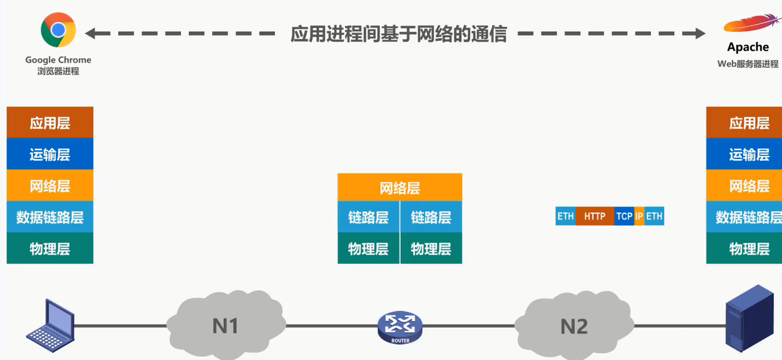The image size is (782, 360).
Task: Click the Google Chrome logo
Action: click(58, 29)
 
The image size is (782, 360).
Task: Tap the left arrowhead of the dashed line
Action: click(91, 34)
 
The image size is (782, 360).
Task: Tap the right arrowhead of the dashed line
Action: click(699, 34)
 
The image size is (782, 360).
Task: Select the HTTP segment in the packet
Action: click(595, 216)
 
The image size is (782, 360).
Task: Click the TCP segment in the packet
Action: click(624, 216)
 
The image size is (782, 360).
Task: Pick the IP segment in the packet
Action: click(639, 216)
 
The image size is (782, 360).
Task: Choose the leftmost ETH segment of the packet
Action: click(565, 216)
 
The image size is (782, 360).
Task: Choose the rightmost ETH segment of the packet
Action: click(654, 216)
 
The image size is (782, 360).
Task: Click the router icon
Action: click(400, 327)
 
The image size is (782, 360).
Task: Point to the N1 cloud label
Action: click(225, 326)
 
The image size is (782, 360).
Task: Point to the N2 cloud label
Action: click(574, 326)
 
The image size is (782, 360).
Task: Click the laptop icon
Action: click(51, 326)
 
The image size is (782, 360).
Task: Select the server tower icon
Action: click(749, 319)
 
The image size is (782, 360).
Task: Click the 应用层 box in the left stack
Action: click(50, 123)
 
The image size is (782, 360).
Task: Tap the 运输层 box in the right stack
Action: click(744, 154)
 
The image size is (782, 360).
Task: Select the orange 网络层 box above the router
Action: click(399, 187)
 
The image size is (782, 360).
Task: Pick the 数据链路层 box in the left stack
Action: click(50, 217)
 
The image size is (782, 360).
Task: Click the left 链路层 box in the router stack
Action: click(368, 217)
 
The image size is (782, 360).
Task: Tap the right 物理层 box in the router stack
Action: click(431, 249)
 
